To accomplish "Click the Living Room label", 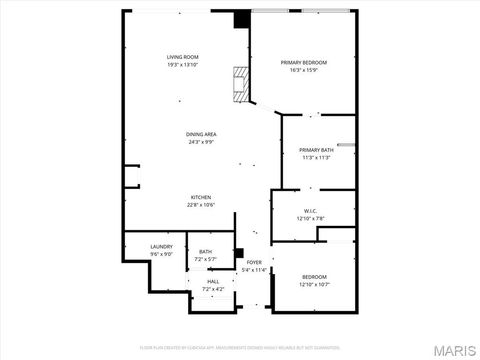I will [183, 57].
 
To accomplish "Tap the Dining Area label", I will [201, 134].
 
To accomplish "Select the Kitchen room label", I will [201, 197].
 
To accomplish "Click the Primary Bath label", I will [315, 150].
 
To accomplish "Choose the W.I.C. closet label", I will [310, 210].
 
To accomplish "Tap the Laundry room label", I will [162, 246].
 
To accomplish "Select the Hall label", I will [213, 282].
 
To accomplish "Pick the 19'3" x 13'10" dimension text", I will [183, 65].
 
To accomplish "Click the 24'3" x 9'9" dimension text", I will [201, 142].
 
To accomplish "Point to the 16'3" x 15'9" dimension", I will [308, 70].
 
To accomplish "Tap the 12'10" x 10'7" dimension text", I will [314, 284].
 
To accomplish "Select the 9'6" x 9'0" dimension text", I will [162, 254].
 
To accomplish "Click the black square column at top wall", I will [241, 18].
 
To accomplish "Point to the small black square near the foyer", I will [239, 252].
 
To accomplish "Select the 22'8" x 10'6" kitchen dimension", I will [201, 205].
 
